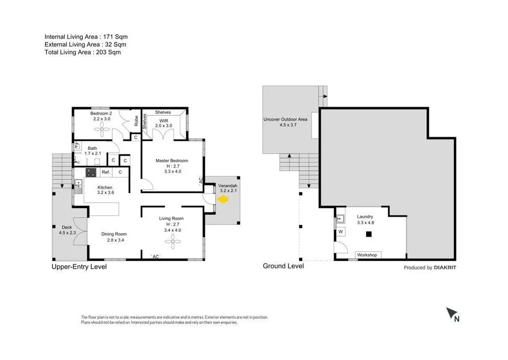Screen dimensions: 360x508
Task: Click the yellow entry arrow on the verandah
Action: (x=222, y=200)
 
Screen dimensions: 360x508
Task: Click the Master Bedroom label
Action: (x=171, y=161)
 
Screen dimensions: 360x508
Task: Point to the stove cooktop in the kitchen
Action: (x=91, y=172)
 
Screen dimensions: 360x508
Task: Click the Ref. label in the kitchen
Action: (x=106, y=172)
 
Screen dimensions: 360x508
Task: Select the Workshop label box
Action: (x=367, y=254)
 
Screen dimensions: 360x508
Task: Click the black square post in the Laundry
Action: (x=369, y=235)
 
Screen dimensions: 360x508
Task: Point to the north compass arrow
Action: (x=451, y=314)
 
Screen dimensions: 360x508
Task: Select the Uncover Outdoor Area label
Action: (x=285, y=119)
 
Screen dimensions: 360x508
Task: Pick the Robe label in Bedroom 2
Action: (x=136, y=121)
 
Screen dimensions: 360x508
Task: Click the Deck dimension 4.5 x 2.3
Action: (x=67, y=233)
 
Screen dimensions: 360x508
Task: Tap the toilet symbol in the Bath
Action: (x=97, y=162)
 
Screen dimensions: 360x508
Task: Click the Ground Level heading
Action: (x=283, y=266)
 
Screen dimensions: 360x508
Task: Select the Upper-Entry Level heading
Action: (x=79, y=267)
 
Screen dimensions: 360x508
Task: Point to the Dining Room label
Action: (x=113, y=234)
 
